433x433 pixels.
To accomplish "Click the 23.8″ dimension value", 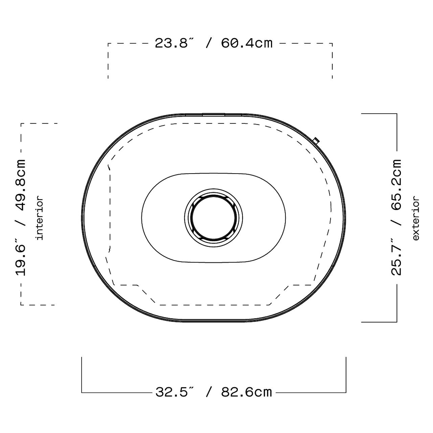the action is pos(174,43).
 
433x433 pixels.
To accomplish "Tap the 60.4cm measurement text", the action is pos(247,43).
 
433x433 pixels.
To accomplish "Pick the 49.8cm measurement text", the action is pos(21,185).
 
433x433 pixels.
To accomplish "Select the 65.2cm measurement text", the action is pos(396,185).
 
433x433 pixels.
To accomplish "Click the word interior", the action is pos(40,218).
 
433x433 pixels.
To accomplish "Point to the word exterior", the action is pos(416,219).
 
